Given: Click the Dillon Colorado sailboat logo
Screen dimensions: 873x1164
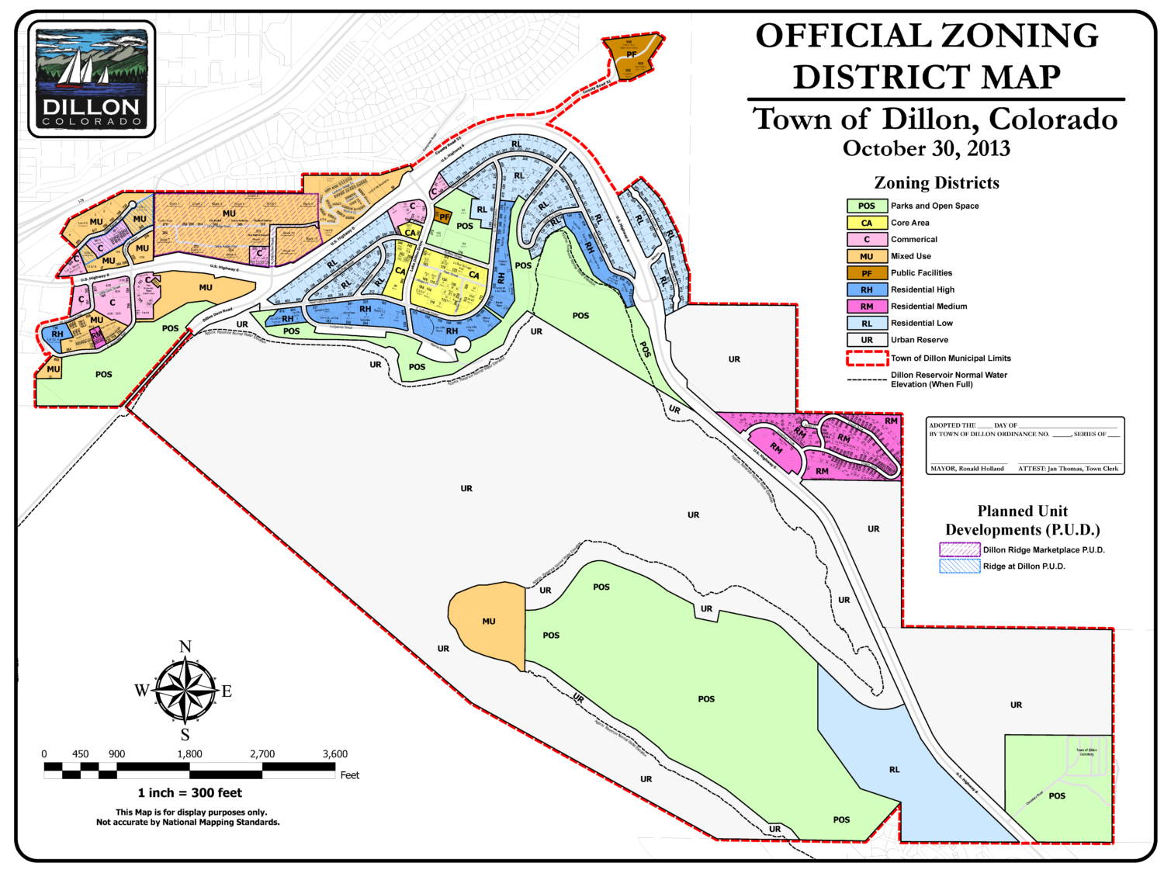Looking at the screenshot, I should pyautogui.click(x=92, y=78).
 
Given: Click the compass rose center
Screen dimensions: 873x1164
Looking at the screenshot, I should pyautogui.click(x=185, y=690).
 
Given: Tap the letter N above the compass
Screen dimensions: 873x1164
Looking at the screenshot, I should pyautogui.click(x=185, y=647).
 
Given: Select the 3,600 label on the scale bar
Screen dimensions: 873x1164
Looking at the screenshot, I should pyautogui.click(x=334, y=753).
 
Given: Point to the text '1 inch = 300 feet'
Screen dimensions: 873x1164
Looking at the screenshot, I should pyautogui.click(x=190, y=792).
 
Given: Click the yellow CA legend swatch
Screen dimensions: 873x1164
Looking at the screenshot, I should pyautogui.click(x=867, y=223).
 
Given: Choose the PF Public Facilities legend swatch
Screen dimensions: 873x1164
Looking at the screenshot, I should pyautogui.click(x=867, y=273).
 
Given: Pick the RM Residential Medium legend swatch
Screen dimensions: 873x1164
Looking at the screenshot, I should pyautogui.click(x=867, y=307).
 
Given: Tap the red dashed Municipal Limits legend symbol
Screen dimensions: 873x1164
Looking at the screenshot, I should pyautogui.click(x=867, y=358).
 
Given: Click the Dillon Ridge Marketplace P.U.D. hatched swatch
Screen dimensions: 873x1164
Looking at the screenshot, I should pyautogui.click(x=959, y=549).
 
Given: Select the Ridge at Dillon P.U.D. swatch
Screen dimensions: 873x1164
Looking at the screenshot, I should pyautogui.click(x=959, y=566).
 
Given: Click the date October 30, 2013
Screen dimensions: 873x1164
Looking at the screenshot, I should pyautogui.click(x=927, y=148).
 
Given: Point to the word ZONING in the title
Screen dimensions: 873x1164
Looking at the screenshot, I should pyautogui.click(x=1020, y=36).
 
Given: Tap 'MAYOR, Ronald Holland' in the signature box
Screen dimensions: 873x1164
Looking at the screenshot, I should pyautogui.click(x=967, y=469).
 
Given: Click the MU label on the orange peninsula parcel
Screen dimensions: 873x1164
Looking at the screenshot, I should pyautogui.click(x=488, y=621).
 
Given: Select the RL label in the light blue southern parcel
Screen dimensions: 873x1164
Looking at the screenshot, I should pyautogui.click(x=895, y=770).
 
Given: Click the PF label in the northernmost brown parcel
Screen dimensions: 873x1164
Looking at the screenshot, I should pyautogui.click(x=632, y=55).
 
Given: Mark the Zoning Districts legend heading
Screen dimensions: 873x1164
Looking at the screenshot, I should pyautogui.click(x=937, y=183).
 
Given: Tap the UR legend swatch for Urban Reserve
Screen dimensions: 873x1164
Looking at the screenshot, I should pyautogui.click(x=867, y=340).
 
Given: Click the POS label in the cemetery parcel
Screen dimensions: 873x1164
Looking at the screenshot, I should pyautogui.click(x=1057, y=795).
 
